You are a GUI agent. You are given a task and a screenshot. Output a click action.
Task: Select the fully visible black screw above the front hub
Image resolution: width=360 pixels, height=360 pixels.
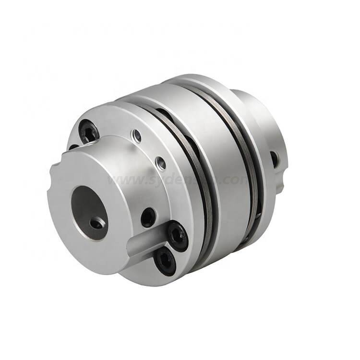click(89, 131)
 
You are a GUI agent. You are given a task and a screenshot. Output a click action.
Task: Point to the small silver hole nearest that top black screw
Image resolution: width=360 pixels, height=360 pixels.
click(138, 137)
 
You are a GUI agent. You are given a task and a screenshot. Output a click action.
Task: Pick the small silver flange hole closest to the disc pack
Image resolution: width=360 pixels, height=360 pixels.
click(161, 163)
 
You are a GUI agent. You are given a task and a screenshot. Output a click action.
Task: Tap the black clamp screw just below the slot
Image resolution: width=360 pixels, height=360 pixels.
click(165, 262)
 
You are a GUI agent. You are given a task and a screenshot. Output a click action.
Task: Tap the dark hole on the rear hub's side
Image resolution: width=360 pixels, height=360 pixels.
click(275, 158)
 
